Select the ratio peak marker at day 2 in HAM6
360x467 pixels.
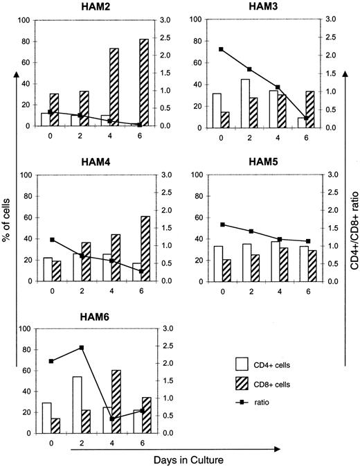tap(82, 348)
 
